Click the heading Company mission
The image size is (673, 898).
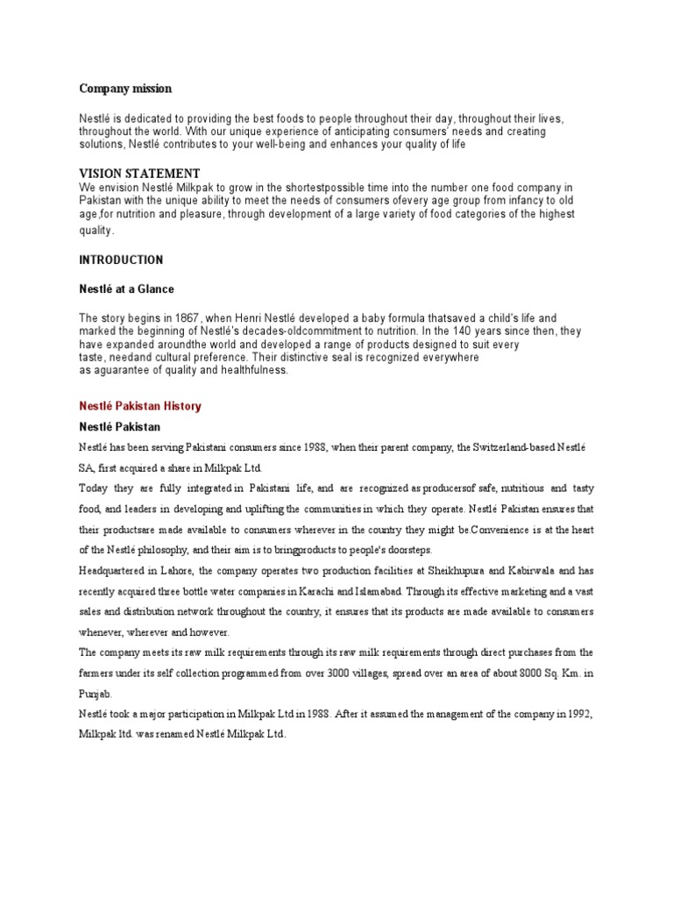point(125,89)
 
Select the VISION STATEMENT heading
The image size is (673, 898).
point(139,174)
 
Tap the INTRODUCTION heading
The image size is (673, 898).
point(121,260)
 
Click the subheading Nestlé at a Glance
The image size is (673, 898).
point(127,289)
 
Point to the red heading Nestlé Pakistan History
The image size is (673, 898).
point(140,406)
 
